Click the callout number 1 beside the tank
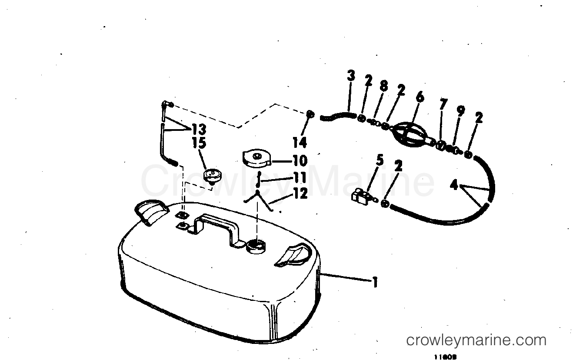(x=374, y=283)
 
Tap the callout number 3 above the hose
(x=351, y=76)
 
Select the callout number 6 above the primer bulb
(x=420, y=97)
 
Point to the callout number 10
(x=300, y=160)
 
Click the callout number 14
(x=300, y=142)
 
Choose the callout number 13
(x=198, y=129)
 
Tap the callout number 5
(x=380, y=160)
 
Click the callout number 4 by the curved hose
(x=454, y=186)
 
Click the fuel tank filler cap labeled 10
(x=256, y=159)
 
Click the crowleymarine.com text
(x=476, y=340)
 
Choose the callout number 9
(x=460, y=111)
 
